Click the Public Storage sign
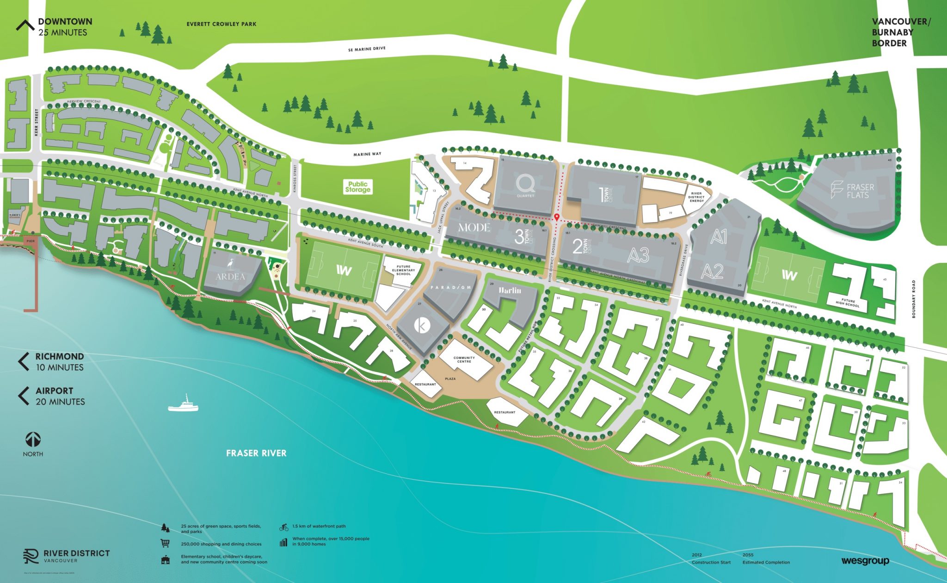[357, 187]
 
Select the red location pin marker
[557, 217]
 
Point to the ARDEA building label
[230, 276]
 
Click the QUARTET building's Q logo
[526, 184]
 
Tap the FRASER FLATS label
[859, 191]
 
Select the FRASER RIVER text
[256, 453]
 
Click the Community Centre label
[464, 360]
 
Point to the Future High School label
[848, 302]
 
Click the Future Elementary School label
[403, 270]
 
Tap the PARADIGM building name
[451, 287]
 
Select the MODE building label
[474, 227]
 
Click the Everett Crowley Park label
[221, 24]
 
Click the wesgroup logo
[865, 561]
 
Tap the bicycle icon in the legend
[283, 527]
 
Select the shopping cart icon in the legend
[165, 543]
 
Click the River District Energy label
[696, 197]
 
